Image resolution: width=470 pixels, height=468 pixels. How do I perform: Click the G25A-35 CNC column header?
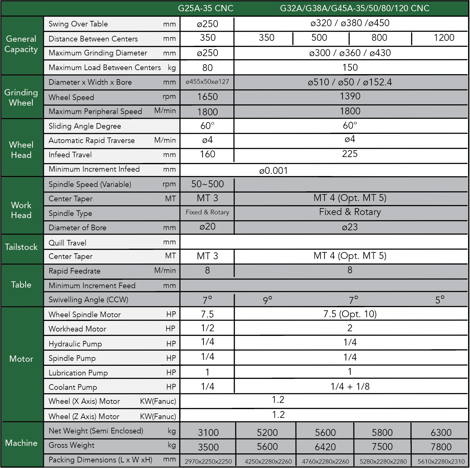pos(205,8)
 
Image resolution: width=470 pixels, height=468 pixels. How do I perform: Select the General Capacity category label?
pos(21,44)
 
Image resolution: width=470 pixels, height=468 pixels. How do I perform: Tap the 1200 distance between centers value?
pos(444,38)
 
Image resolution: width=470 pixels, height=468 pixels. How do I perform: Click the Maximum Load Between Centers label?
pos(105,68)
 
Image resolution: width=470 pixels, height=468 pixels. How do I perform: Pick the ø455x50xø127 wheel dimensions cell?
pos(207,82)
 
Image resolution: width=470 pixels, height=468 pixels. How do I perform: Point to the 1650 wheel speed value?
pos(208,97)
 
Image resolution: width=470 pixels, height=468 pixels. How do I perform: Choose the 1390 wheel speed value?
pos(350,96)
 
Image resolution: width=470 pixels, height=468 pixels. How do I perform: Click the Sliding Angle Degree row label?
pos(85,126)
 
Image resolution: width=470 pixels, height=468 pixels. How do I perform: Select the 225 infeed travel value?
pos(350,154)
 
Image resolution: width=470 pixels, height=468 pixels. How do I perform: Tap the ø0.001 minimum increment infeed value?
pos(273,171)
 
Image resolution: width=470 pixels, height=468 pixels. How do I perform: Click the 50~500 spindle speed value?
pos(207,184)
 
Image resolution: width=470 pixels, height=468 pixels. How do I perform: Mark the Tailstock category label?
pos(21,247)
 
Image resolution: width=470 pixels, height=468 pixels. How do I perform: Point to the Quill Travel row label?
pos(67,243)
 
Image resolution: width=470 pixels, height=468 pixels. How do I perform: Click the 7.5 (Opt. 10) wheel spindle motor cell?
pos(350,314)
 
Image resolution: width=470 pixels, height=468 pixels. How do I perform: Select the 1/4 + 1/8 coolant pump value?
pos(350,387)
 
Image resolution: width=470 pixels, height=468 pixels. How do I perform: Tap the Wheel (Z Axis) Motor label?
pos(84,416)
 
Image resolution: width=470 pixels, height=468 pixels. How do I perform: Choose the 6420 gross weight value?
pos(325,447)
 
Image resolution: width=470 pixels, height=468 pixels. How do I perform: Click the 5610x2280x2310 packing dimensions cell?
pos(441,461)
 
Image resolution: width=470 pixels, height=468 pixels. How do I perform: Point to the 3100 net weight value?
pos(208,432)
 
